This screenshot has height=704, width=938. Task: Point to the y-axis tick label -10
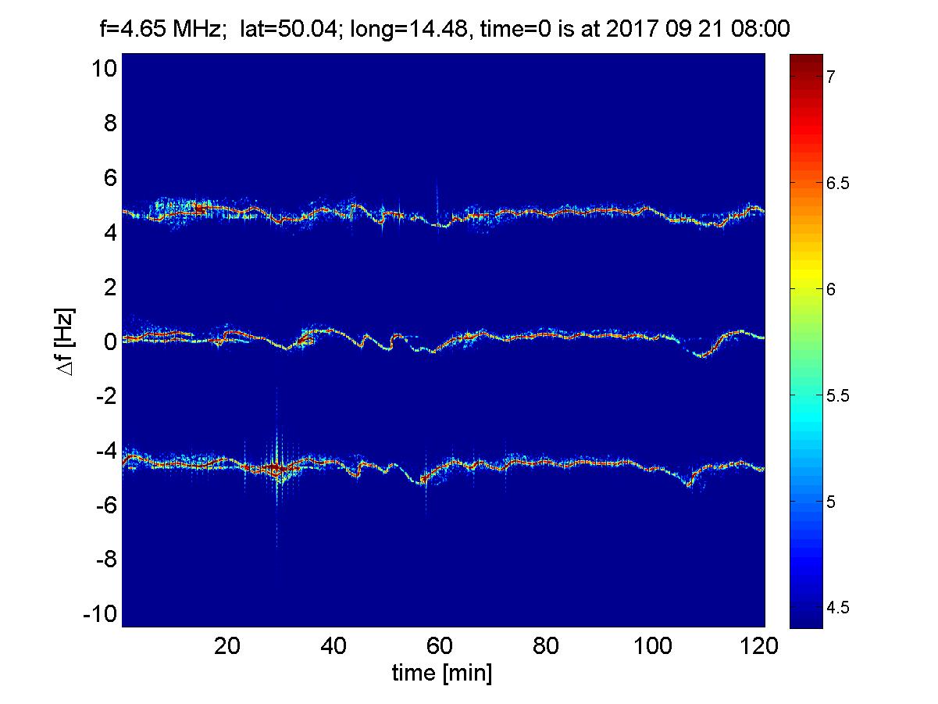click(x=100, y=615)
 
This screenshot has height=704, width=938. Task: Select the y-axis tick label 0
click(x=109, y=342)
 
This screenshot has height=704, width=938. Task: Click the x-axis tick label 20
click(x=227, y=646)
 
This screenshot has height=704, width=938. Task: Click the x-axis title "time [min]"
click(x=442, y=673)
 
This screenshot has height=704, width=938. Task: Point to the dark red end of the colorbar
click(x=807, y=59)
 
